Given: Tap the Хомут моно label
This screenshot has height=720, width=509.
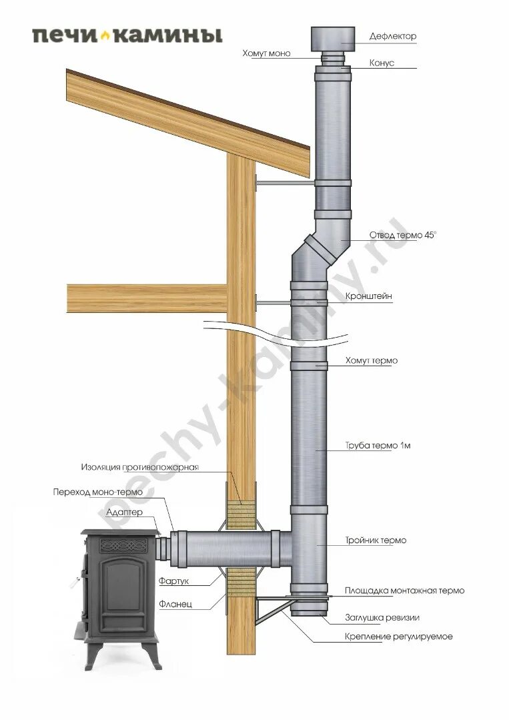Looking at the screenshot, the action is pyautogui.click(x=266, y=53).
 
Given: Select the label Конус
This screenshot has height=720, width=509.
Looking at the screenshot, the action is pyautogui.click(x=382, y=63).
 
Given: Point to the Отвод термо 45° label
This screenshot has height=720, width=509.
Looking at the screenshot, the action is pyautogui.click(x=403, y=236).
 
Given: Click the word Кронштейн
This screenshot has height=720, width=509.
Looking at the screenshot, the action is pyautogui.click(x=368, y=296).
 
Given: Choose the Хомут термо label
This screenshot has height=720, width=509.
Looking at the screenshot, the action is pyautogui.click(x=371, y=361).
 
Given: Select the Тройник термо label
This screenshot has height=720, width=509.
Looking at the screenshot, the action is pyautogui.click(x=376, y=540).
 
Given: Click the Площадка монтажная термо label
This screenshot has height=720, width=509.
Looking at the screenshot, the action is pyautogui.click(x=404, y=591).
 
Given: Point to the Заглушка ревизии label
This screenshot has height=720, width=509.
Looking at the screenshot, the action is pyautogui.click(x=382, y=617).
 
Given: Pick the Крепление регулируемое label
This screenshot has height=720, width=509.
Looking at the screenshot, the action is pyautogui.click(x=398, y=637).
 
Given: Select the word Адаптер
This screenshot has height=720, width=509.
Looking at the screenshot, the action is pyautogui.click(x=124, y=512).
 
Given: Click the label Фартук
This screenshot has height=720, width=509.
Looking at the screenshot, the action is pyautogui.click(x=174, y=581).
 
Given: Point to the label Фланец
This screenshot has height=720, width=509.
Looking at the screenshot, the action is pyautogui.click(x=175, y=604).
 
